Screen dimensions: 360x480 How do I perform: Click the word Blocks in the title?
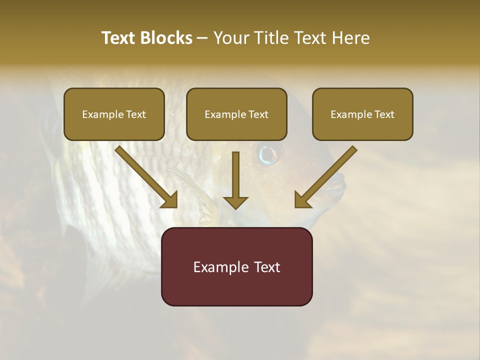(166, 38)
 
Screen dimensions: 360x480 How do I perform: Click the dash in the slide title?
(202, 38)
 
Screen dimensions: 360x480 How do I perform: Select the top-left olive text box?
(114, 114)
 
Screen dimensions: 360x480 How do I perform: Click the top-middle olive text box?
(236, 114)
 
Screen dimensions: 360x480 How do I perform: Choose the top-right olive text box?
(362, 114)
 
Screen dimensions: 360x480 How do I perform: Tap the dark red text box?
(236, 266)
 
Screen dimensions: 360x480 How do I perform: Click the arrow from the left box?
(146, 177)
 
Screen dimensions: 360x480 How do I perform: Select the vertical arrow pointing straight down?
(235, 180)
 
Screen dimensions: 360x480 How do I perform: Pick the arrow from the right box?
(325, 177)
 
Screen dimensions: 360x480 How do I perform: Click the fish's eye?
(268, 154)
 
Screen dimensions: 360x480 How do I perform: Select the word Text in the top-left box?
(136, 114)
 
